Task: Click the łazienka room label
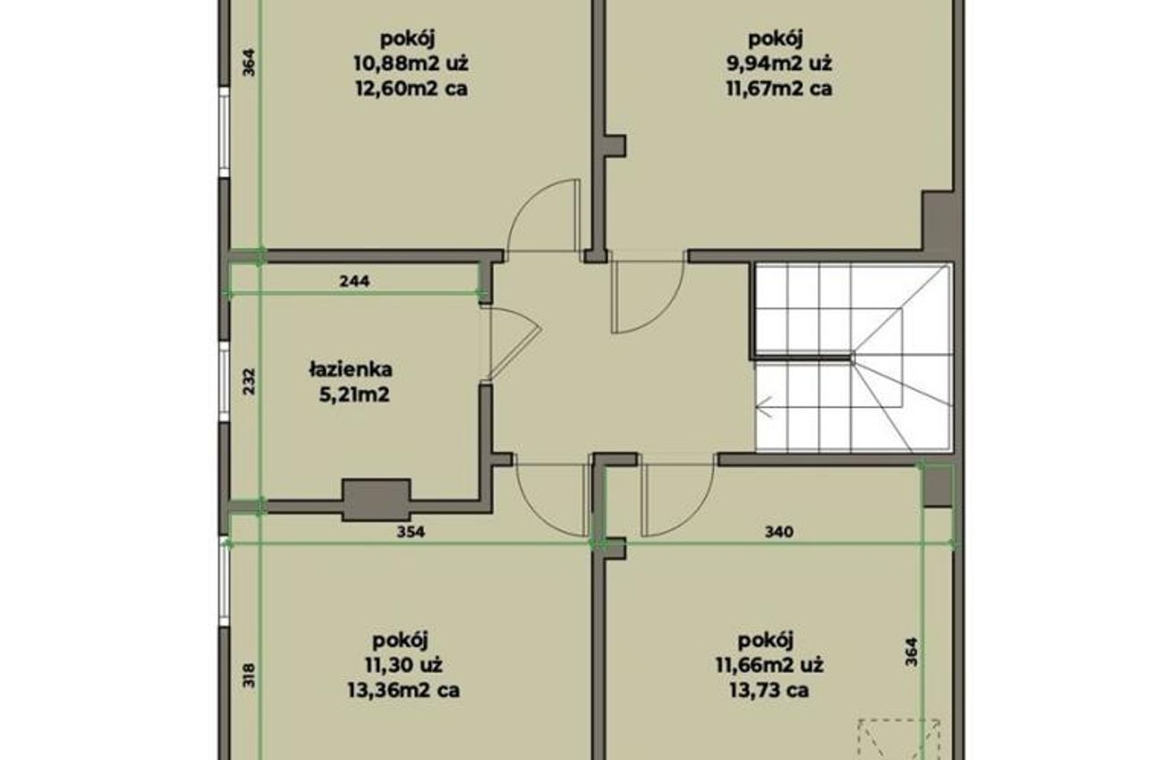[351, 370]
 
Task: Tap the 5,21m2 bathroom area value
[354, 395]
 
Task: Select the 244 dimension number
[354, 281]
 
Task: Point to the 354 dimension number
[411, 532]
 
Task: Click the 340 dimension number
[779, 532]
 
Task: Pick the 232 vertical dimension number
[250, 381]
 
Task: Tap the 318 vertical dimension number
[250, 675]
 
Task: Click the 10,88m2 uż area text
[412, 63]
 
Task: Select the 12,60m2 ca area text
[412, 89]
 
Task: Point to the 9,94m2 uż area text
[779, 63]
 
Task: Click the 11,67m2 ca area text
[779, 89]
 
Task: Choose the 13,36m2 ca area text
[403, 690]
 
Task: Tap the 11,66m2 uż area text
[769, 665]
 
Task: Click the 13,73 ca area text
[769, 690]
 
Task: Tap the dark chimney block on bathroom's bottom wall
[376, 500]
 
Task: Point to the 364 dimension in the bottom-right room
[912, 652]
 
